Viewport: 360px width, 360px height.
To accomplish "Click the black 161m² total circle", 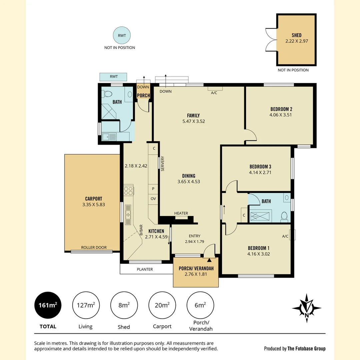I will [48, 305].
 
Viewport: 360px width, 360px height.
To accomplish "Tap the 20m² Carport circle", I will [162, 305].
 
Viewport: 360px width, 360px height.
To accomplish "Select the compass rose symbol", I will [306, 308].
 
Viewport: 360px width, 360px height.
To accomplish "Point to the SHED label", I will [296, 35].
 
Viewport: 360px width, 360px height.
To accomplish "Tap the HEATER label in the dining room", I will [181, 213].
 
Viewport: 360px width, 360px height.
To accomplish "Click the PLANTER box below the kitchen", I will [145, 269].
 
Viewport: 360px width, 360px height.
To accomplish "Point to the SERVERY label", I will [163, 164].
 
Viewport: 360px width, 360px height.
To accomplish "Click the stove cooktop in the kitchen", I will [129, 191].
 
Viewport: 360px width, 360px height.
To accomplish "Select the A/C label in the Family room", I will [214, 93].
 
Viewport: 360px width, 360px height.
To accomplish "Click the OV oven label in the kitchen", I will [153, 199].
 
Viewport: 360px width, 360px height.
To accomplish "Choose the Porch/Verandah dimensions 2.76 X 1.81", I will [196, 275].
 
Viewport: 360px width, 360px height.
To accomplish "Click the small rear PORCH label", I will [144, 96].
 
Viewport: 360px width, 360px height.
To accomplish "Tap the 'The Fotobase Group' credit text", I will [307, 349].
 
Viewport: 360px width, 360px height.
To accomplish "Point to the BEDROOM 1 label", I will [258, 248].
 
